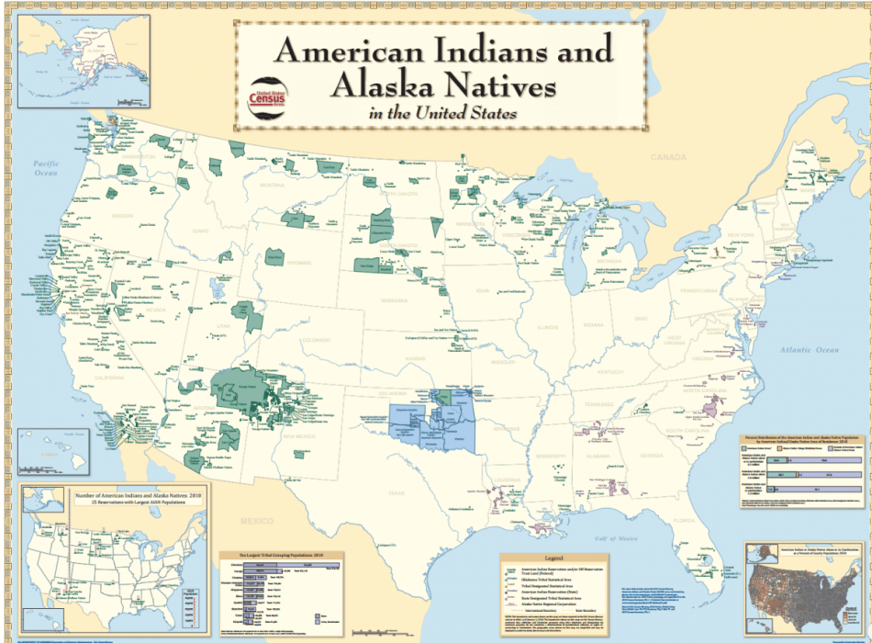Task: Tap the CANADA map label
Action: (x=667, y=157)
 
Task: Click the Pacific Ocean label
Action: (x=46, y=168)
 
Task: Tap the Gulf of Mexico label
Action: (x=587, y=537)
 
